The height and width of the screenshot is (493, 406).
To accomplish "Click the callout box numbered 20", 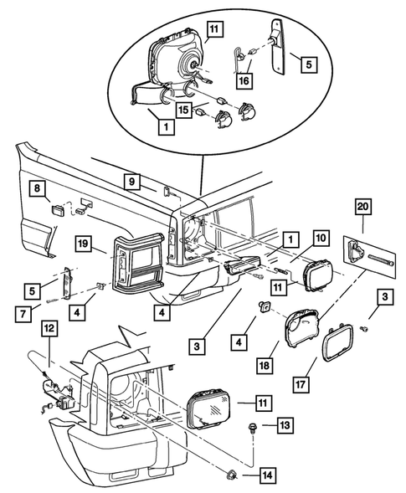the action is click(x=363, y=207).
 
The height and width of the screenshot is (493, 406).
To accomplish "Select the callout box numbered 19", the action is click(x=83, y=244).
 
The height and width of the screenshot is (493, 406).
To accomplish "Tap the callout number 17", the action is click(x=301, y=384).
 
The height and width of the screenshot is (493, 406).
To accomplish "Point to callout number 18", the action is click(x=265, y=365).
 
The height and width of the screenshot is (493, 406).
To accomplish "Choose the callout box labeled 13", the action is click(x=285, y=425).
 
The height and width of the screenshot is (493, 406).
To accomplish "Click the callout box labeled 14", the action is click(x=268, y=475).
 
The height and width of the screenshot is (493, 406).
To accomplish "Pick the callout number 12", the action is click(x=49, y=329).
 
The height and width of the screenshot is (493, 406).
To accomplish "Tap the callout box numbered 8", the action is click(x=38, y=188).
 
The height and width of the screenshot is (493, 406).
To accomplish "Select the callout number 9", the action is click(x=131, y=182).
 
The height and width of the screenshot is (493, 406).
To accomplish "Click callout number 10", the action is click(x=321, y=238).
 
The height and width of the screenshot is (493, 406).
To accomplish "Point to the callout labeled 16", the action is click(x=244, y=81).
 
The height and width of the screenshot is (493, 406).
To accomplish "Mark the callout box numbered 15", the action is click(x=183, y=110).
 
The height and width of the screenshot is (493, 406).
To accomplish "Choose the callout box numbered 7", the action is click(x=23, y=314).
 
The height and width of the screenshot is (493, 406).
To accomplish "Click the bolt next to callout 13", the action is click(x=251, y=428).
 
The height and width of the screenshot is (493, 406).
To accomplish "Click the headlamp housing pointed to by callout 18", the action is click(x=301, y=327).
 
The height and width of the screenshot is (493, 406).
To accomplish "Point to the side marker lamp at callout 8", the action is click(x=58, y=209).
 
